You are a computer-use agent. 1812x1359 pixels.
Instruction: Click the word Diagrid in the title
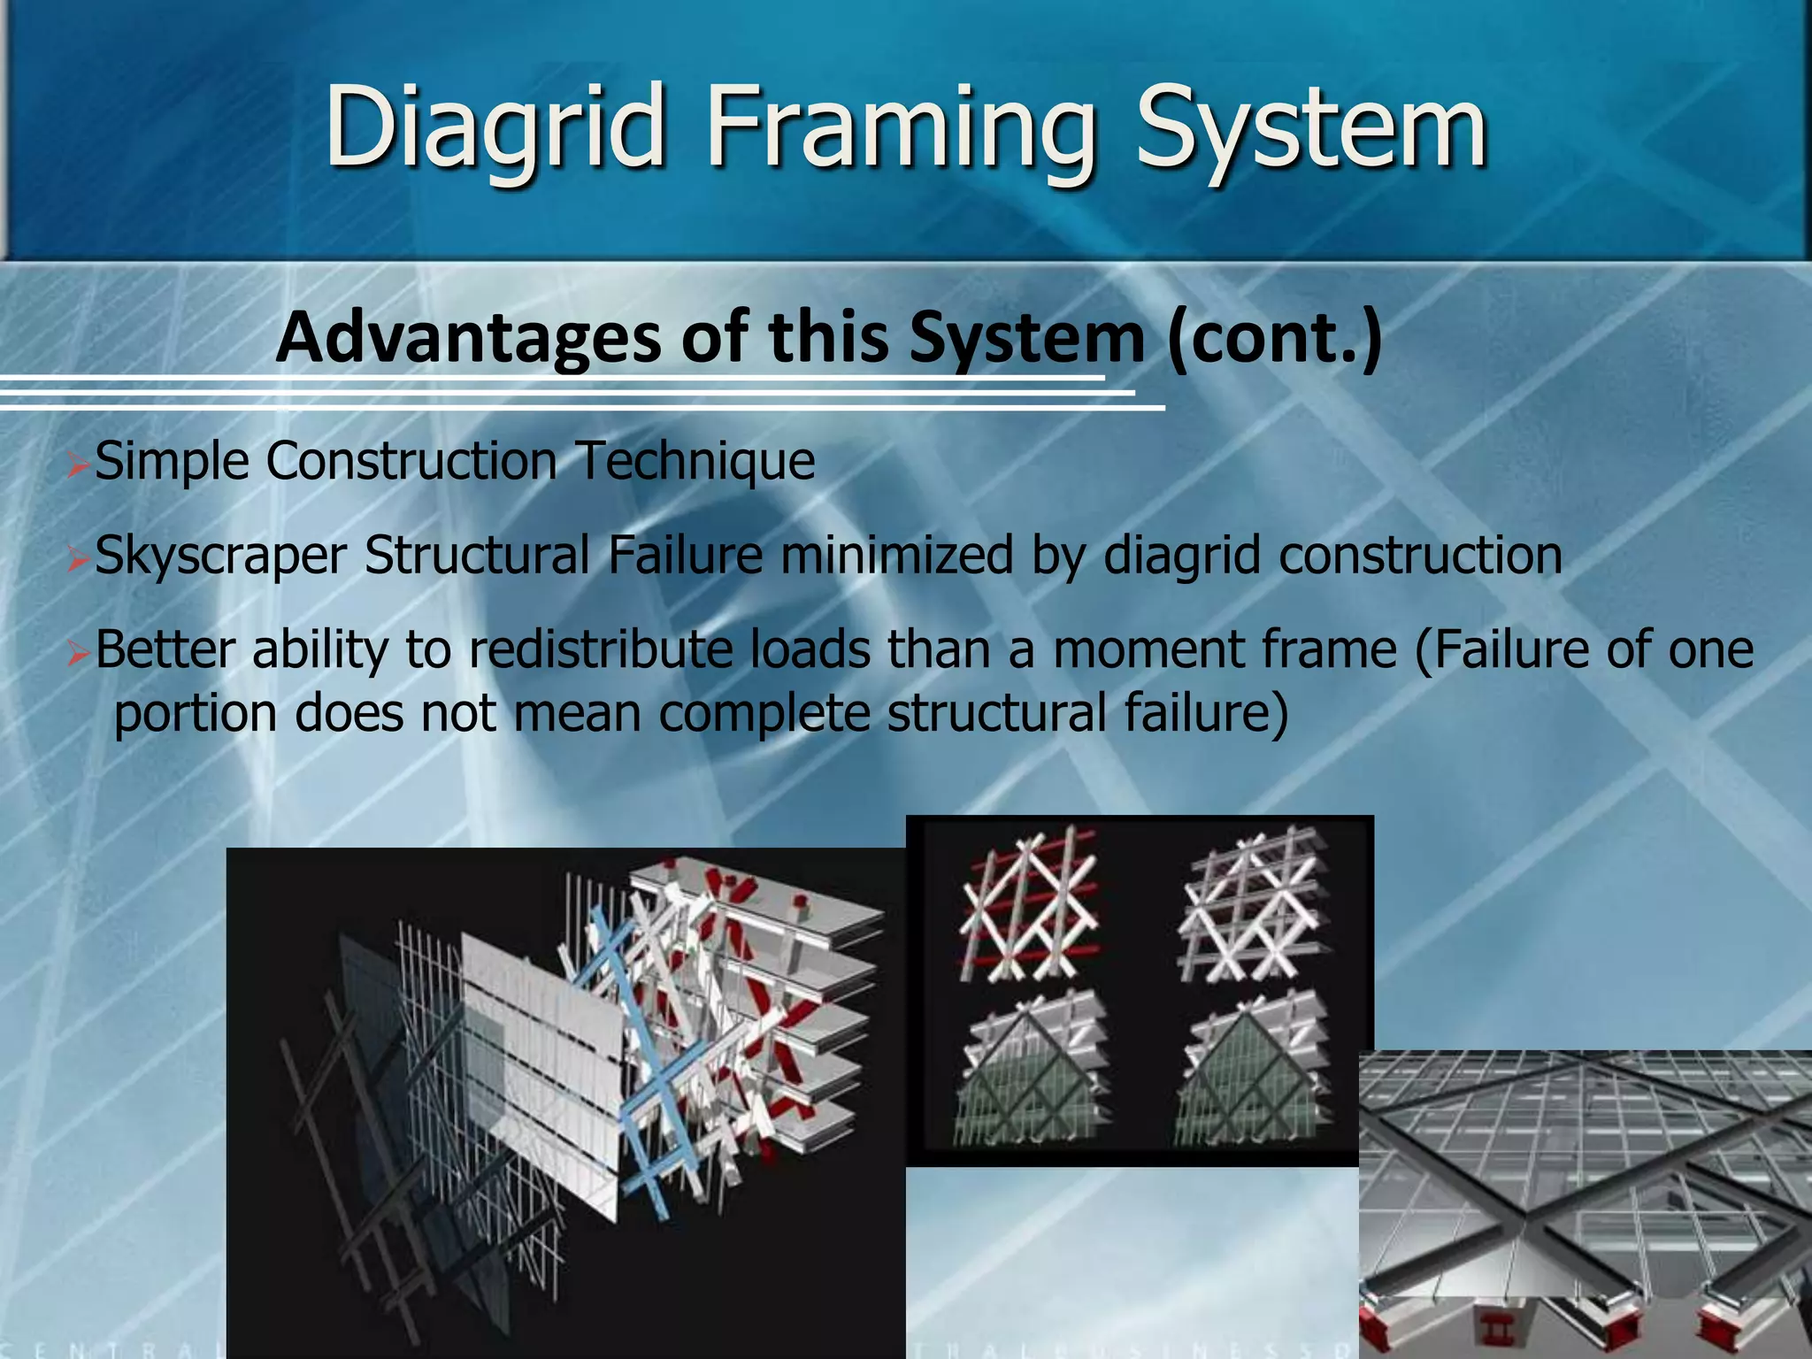(x=495, y=128)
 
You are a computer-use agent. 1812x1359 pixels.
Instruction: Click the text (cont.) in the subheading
(x=1273, y=339)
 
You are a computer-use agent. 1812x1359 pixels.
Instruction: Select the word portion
(x=196, y=713)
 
